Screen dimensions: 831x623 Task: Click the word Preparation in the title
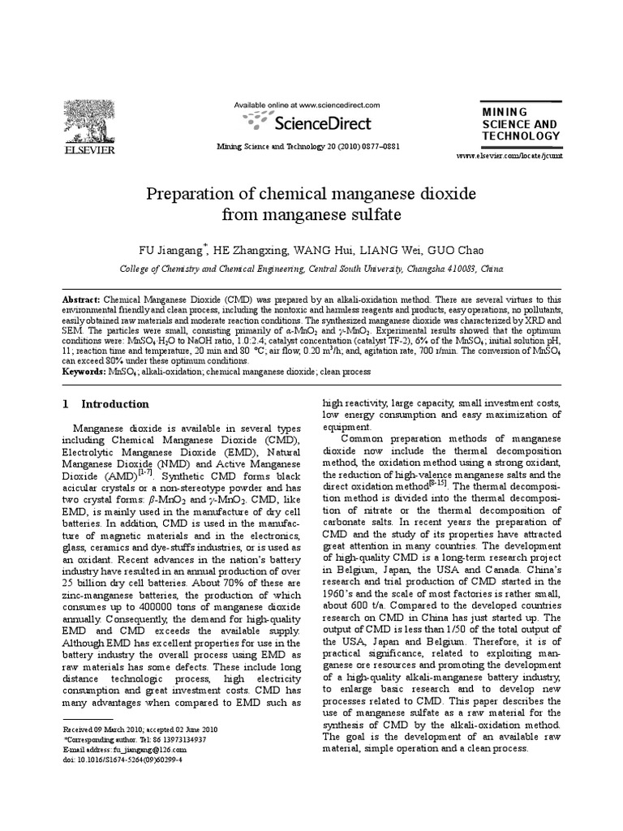point(185,196)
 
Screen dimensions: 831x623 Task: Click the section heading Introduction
point(115,404)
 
